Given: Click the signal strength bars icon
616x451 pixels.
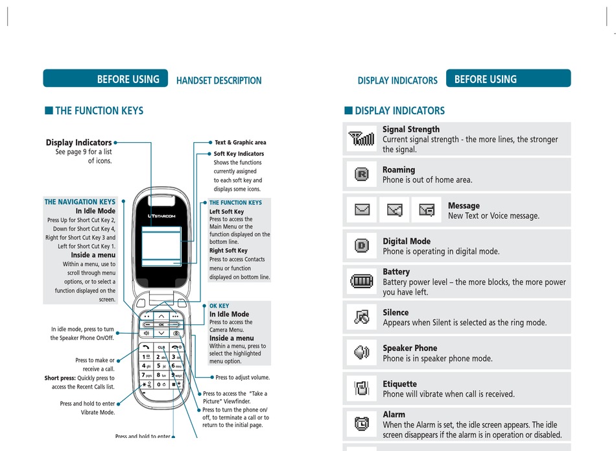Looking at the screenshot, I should [x=362, y=139].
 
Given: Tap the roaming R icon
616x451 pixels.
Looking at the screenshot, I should [x=362, y=175].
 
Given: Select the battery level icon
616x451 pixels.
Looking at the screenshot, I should [x=362, y=282].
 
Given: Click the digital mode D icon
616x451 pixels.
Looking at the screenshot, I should [x=362, y=246].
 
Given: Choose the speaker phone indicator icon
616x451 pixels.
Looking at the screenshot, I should [x=362, y=353].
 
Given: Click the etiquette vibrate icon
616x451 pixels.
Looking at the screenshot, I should [x=362, y=389].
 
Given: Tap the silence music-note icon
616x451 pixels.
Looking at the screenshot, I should [x=362, y=317].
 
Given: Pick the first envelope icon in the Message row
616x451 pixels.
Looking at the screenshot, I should [x=362, y=210].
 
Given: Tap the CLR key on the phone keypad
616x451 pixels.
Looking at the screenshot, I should [x=161, y=347].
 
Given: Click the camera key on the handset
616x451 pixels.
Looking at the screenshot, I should [x=176, y=334].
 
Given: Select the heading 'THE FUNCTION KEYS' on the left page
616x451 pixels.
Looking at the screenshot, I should [x=99, y=111].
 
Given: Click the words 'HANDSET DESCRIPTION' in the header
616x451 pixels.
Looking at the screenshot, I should [x=219, y=80].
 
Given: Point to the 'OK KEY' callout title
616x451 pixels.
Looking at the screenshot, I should [x=219, y=306].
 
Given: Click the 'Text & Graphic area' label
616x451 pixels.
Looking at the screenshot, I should [x=240, y=142].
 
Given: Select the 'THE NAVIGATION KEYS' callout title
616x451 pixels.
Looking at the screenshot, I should [x=80, y=202].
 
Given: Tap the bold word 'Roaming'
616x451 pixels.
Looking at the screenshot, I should [x=399, y=170].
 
